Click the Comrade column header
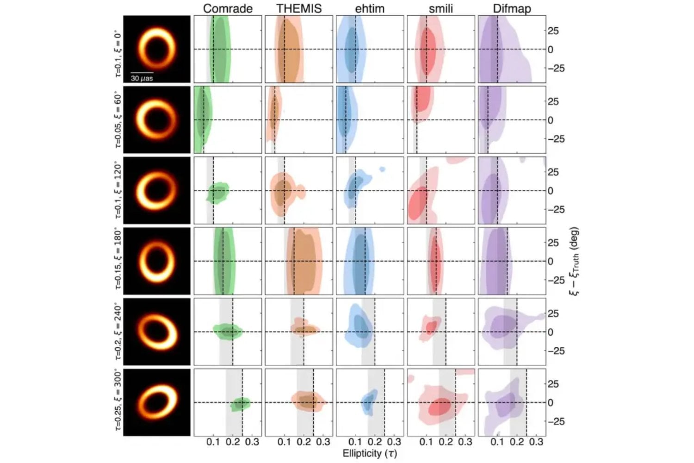pyautogui.click(x=228, y=8)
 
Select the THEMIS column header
pyautogui.click(x=299, y=8)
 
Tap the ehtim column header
pyautogui.click(x=370, y=8)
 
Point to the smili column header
pyautogui.click(x=441, y=8)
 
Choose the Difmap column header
pyautogui.click(x=512, y=8)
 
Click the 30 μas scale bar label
pyautogui.click(x=142, y=78)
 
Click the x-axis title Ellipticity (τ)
pyautogui.click(x=370, y=453)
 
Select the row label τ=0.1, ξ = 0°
pyautogui.click(x=118, y=49)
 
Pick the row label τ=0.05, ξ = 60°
pyautogui.click(x=118, y=119)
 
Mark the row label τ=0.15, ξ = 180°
pyautogui.click(x=118, y=261)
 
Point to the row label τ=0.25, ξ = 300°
pyautogui.click(x=118, y=402)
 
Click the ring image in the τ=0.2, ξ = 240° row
pyautogui.click(x=157, y=332)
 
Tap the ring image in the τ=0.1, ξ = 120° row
pyautogui.click(x=157, y=190)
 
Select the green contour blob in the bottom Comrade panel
pyautogui.click(x=241, y=404)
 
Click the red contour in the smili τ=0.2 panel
pyautogui.click(x=431, y=327)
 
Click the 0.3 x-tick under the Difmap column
pyautogui.click(x=536, y=442)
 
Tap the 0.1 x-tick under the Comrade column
pyautogui.click(x=213, y=442)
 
